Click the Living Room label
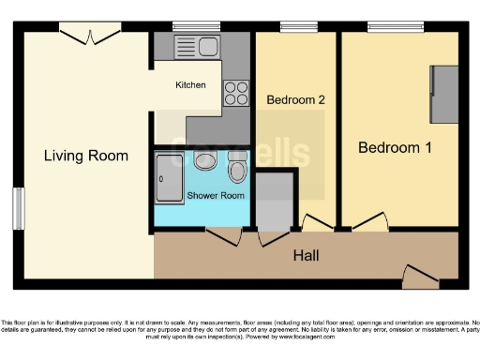[86, 156]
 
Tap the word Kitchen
[190, 85]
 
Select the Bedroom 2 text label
[295, 99]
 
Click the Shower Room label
[216, 196]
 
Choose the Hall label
[307, 255]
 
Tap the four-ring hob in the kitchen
[236, 93]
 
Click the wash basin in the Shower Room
[204, 160]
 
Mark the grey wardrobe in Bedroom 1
[443, 95]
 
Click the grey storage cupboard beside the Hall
[275, 202]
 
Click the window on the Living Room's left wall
[18, 207]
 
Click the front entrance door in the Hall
[419, 275]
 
